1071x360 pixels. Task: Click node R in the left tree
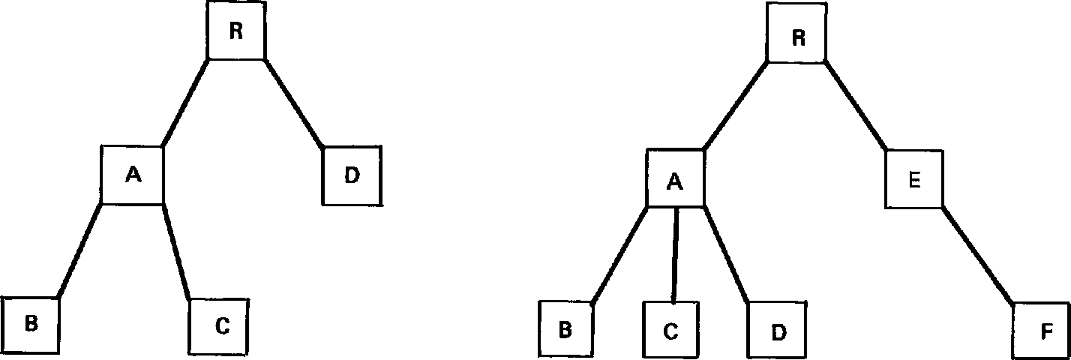235,33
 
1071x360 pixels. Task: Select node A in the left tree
132,175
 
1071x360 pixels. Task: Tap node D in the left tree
352,176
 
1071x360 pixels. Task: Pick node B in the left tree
30,325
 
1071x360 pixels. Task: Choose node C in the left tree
219,326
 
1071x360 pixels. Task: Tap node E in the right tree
914,179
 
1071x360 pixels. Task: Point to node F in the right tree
1041,330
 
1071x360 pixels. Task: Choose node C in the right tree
672,329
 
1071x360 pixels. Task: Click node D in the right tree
777,329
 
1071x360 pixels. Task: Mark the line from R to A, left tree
184,103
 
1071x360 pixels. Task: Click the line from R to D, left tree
295,103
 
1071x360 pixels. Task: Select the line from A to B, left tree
79,250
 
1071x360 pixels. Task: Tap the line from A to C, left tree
177,251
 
